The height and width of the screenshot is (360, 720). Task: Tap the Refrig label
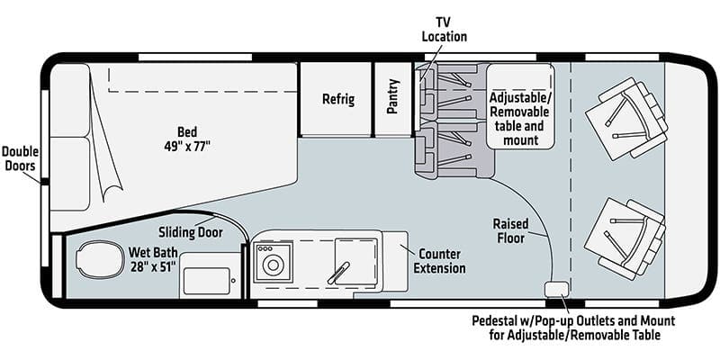[x=338, y=100]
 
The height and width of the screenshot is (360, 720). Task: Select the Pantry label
[x=393, y=99]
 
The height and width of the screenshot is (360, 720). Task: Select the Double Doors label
[x=20, y=158]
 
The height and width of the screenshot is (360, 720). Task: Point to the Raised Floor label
[x=510, y=230]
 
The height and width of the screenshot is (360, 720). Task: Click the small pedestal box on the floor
[x=556, y=289]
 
